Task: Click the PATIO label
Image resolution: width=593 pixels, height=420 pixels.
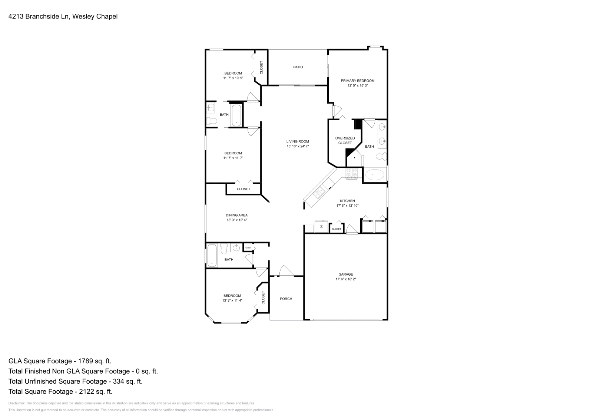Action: coord(298,67)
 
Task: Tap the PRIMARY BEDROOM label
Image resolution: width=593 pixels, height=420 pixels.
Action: coord(358,81)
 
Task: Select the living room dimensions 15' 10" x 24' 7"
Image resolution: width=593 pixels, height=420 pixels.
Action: coord(298,146)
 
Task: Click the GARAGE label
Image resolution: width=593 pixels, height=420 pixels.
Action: coord(345,274)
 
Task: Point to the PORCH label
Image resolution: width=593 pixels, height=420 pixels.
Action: coord(286,299)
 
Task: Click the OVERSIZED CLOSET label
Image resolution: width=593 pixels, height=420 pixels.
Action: coord(345,140)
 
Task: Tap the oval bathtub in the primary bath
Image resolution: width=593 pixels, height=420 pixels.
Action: coord(375,174)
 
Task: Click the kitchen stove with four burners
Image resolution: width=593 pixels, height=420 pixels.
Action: coord(352,173)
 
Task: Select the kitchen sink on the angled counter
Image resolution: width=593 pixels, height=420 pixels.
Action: coord(318,192)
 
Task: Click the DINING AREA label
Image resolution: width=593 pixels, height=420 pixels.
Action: coord(236,215)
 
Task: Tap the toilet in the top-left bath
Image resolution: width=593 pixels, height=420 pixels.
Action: coord(212,121)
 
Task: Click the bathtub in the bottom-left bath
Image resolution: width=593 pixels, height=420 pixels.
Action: coord(212,255)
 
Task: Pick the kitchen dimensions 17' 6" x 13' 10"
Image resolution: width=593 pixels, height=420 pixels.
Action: coord(347,206)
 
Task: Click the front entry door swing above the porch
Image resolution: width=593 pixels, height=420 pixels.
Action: coord(285,271)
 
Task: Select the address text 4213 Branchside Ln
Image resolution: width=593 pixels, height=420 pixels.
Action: coord(39,16)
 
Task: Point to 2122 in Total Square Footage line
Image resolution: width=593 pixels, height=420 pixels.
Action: coord(83,391)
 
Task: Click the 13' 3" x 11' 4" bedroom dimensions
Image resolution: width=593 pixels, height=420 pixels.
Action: coord(232,301)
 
